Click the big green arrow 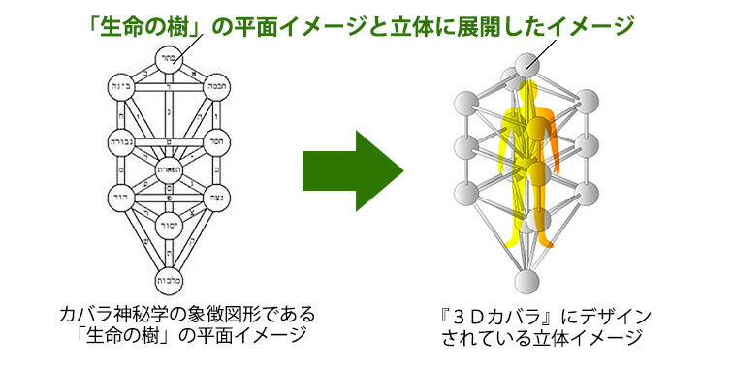tap(351, 170)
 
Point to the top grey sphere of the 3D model tap(526, 66)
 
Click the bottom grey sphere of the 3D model tap(526, 284)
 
